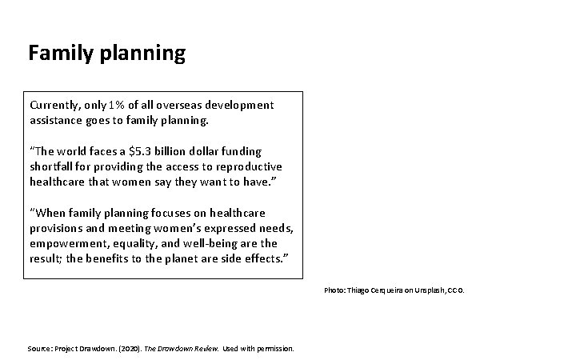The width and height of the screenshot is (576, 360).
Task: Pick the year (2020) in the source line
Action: (118, 349)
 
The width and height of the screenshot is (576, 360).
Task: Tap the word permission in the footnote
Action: (274, 349)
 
